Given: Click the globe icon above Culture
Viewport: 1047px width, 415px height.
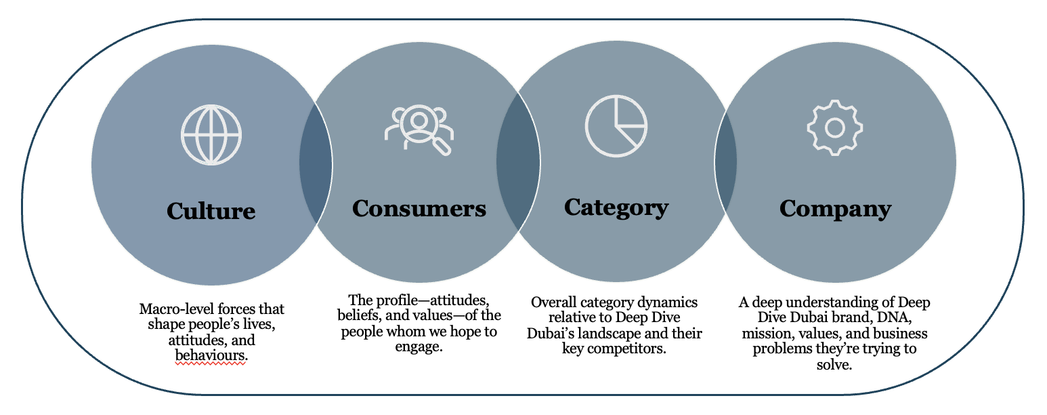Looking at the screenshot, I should point(211,134).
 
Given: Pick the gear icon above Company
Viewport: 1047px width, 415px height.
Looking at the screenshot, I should point(834,127).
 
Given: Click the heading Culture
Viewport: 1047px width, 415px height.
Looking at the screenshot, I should point(211,211).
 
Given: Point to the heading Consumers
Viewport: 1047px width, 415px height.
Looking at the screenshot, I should point(419,208).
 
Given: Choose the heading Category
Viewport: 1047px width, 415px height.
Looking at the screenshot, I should point(616,207).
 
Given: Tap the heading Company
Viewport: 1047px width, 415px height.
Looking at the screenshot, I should point(835,208).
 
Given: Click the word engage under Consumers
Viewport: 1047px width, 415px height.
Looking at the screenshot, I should point(419,347).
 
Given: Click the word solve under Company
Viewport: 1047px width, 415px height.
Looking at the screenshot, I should point(834,365).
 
